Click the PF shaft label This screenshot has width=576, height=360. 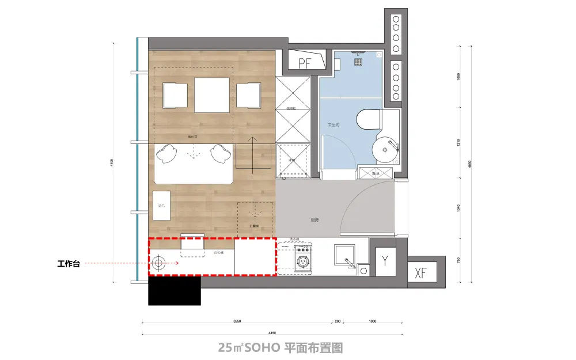(x=305, y=63)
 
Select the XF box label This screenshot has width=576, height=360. (x=422, y=273)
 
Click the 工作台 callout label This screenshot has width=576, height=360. (x=68, y=264)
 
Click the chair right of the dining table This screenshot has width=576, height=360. (x=248, y=95)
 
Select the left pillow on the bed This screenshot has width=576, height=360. (x=168, y=153)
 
